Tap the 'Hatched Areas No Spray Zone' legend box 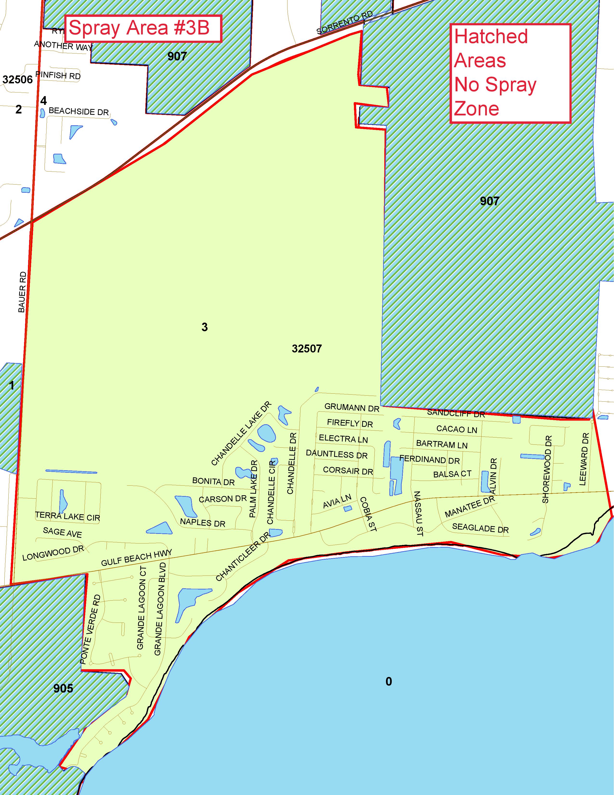(x=510, y=73)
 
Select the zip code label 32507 (x=307, y=349)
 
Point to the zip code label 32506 (x=18, y=79)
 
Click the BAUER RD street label (x=22, y=292)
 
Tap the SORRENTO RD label (x=345, y=23)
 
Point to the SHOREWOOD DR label (x=547, y=469)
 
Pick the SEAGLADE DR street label (x=480, y=528)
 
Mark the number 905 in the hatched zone (x=63, y=688)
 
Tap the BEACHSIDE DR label (x=78, y=111)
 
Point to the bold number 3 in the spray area (x=204, y=327)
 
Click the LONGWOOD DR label (x=53, y=552)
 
